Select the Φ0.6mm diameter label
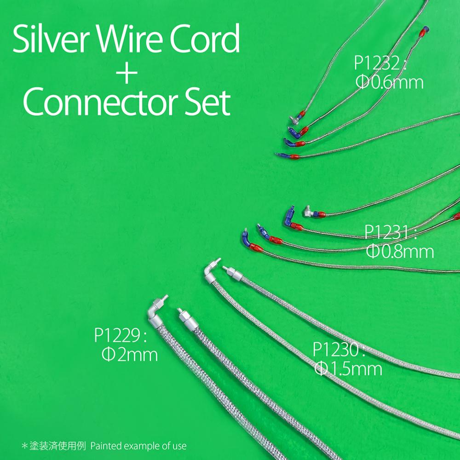(390, 82)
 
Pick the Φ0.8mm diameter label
(400, 251)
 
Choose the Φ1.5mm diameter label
(348, 369)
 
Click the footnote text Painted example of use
(138, 446)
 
